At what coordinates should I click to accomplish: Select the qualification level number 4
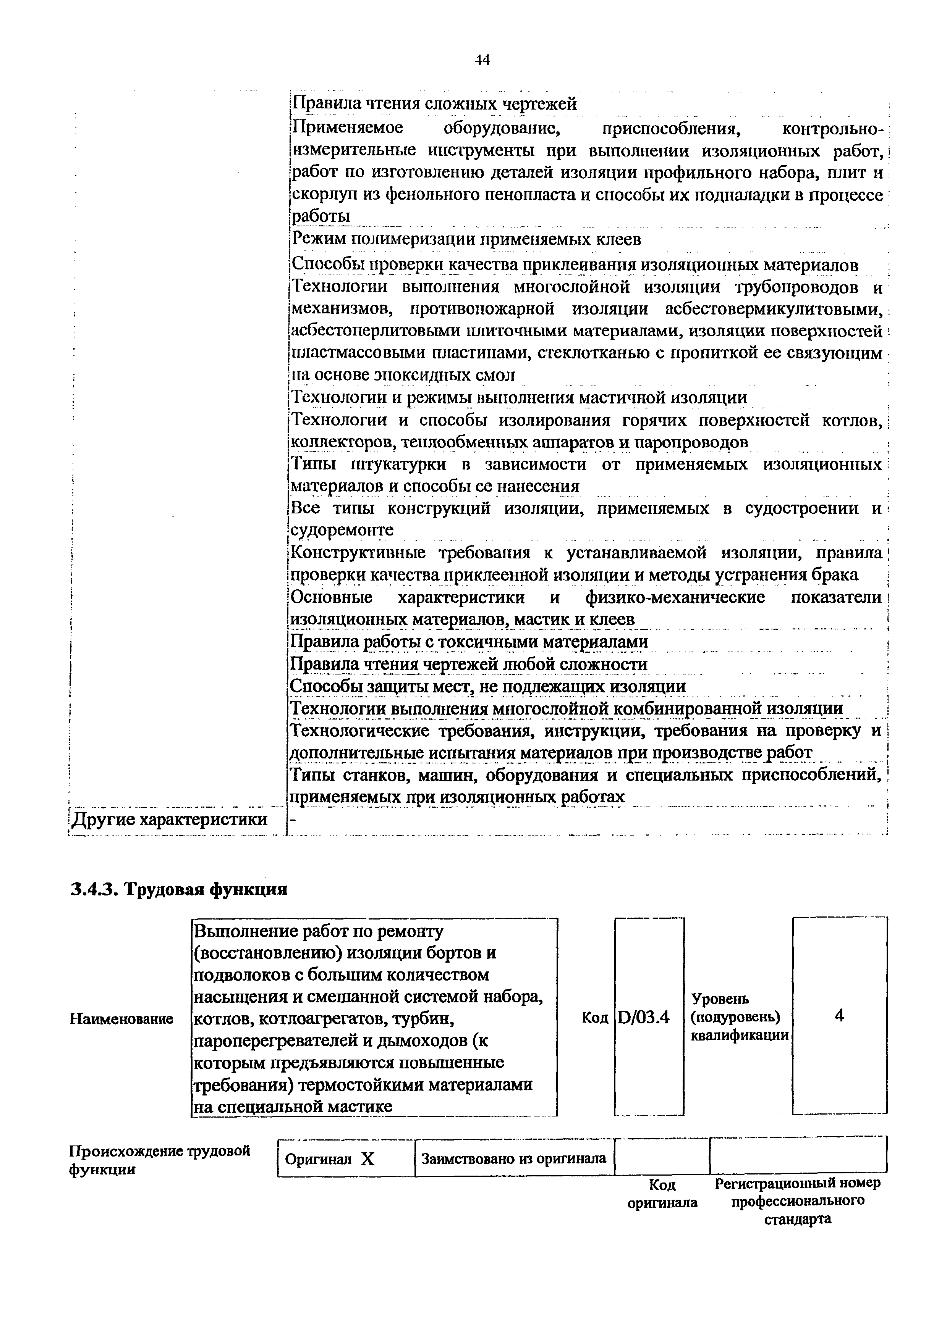(839, 1016)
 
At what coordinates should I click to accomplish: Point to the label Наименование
(121, 1019)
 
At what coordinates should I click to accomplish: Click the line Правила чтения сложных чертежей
(434, 104)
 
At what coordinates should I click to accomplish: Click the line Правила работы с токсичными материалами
(469, 642)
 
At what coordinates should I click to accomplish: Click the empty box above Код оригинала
(662, 1157)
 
